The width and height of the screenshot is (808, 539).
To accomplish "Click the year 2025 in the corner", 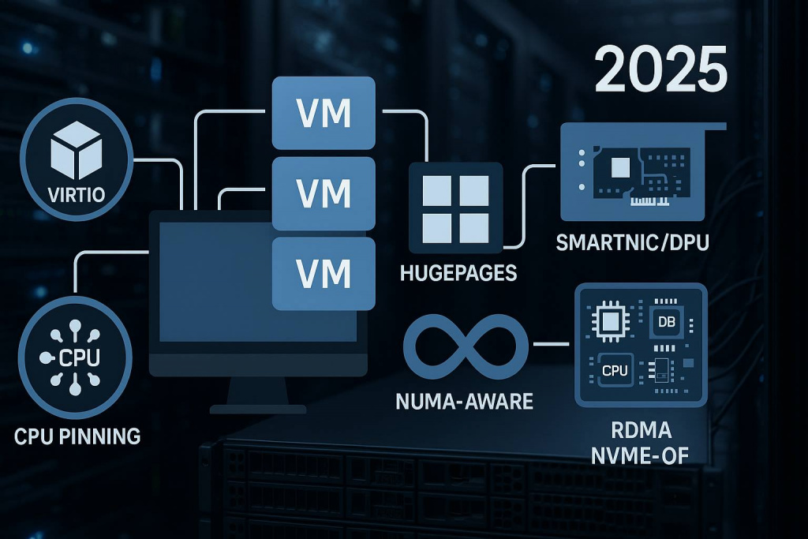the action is point(660,69).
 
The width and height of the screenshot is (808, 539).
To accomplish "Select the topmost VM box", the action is point(324,113).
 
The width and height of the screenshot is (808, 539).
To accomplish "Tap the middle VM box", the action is point(324,194).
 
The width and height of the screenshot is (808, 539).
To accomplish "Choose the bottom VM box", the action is point(324,274).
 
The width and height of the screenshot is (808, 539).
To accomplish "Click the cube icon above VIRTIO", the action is point(77,150).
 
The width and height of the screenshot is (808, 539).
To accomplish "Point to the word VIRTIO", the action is point(77,194).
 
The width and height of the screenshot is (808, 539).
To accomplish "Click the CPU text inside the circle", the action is point(80,357).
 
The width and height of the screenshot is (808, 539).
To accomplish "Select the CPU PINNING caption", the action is point(77,436).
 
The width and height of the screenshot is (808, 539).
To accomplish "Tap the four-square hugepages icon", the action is point(455,208).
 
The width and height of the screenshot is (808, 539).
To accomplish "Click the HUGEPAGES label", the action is point(458,272).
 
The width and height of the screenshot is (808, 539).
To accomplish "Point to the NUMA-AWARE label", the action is point(464,402).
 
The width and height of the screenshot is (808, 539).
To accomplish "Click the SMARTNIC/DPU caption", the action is point(632,242).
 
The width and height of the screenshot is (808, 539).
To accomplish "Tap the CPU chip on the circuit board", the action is point(615,370).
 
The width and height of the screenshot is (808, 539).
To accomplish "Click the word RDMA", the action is point(641,430).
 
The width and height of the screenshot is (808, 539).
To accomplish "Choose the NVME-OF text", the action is point(639,455).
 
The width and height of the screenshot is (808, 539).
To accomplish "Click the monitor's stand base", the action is point(258,409).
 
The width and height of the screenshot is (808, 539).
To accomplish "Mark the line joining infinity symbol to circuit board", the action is point(551,344).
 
